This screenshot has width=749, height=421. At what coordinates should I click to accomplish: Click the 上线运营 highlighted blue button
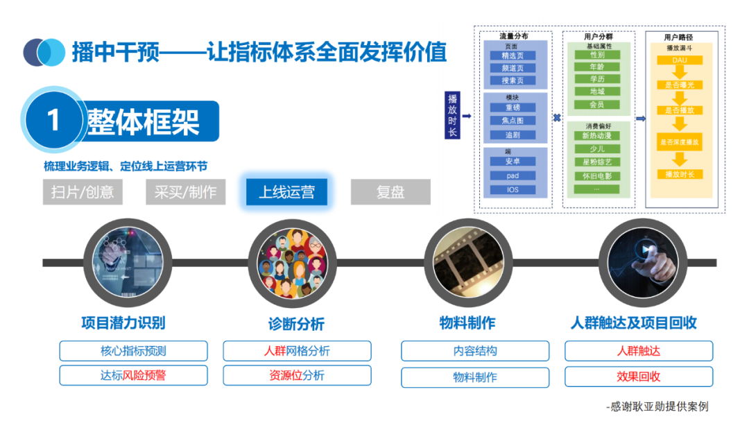[286, 191]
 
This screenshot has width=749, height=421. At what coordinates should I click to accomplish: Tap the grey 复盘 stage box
[390, 192]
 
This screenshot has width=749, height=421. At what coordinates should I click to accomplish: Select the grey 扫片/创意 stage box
[83, 192]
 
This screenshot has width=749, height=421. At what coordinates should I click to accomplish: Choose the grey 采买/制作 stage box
[185, 192]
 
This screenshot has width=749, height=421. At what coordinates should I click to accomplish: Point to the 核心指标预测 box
[133, 351]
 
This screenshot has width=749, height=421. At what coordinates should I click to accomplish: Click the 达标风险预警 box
[133, 375]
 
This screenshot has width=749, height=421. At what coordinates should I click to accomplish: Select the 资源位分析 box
[297, 375]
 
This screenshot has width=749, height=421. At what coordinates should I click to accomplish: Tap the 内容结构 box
[475, 351]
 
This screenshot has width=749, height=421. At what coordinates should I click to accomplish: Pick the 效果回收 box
[639, 377]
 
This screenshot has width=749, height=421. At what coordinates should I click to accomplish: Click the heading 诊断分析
[296, 324]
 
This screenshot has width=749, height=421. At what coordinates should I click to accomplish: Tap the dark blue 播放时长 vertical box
[452, 116]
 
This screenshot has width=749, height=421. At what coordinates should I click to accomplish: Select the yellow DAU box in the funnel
[679, 60]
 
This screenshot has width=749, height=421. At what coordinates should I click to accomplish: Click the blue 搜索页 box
[513, 80]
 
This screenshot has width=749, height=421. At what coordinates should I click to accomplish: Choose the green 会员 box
[596, 104]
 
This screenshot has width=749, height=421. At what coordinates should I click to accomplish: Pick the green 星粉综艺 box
[596, 162]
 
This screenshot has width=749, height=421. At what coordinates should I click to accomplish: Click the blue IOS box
[513, 189]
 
